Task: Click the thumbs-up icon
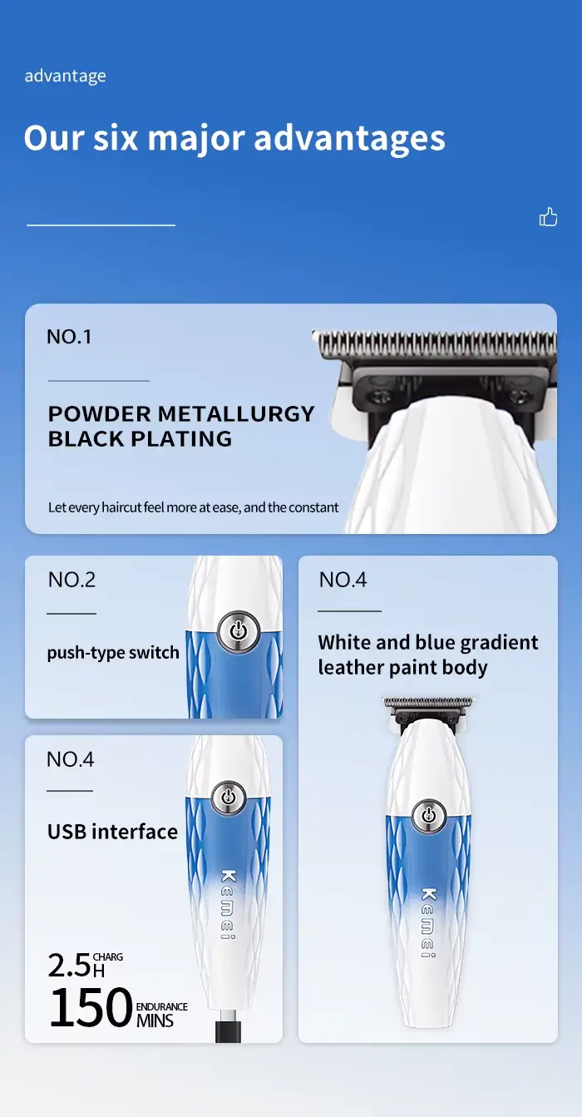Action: [548, 217]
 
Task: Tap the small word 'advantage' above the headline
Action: [66, 77]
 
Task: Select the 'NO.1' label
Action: [69, 337]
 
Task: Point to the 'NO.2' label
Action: [72, 580]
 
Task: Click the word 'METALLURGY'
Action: [236, 414]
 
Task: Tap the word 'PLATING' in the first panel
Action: [181, 439]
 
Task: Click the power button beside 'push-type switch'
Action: [238, 631]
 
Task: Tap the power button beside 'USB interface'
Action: [228, 796]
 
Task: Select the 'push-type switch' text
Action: [113, 653]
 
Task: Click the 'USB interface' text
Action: [112, 832]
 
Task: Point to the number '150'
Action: [91, 1007]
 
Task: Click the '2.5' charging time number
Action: [70, 966]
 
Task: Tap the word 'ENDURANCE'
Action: [161, 1006]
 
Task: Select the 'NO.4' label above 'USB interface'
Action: [71, 759]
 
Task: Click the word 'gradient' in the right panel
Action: [499, 643]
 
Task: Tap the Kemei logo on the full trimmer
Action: [428, 922]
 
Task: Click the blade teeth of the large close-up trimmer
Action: [436, 343]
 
